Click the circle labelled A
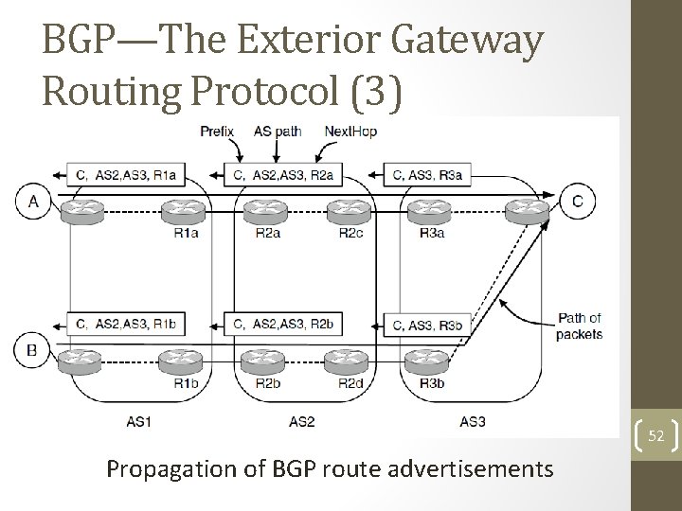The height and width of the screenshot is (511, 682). point(34,201)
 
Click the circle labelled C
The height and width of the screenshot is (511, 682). point(577,200)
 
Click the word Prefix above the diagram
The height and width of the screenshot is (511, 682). point(218,132)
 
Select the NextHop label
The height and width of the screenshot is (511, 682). point(350,132)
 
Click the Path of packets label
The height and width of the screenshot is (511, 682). point(580,326)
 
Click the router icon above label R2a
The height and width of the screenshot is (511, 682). point(262,212)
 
